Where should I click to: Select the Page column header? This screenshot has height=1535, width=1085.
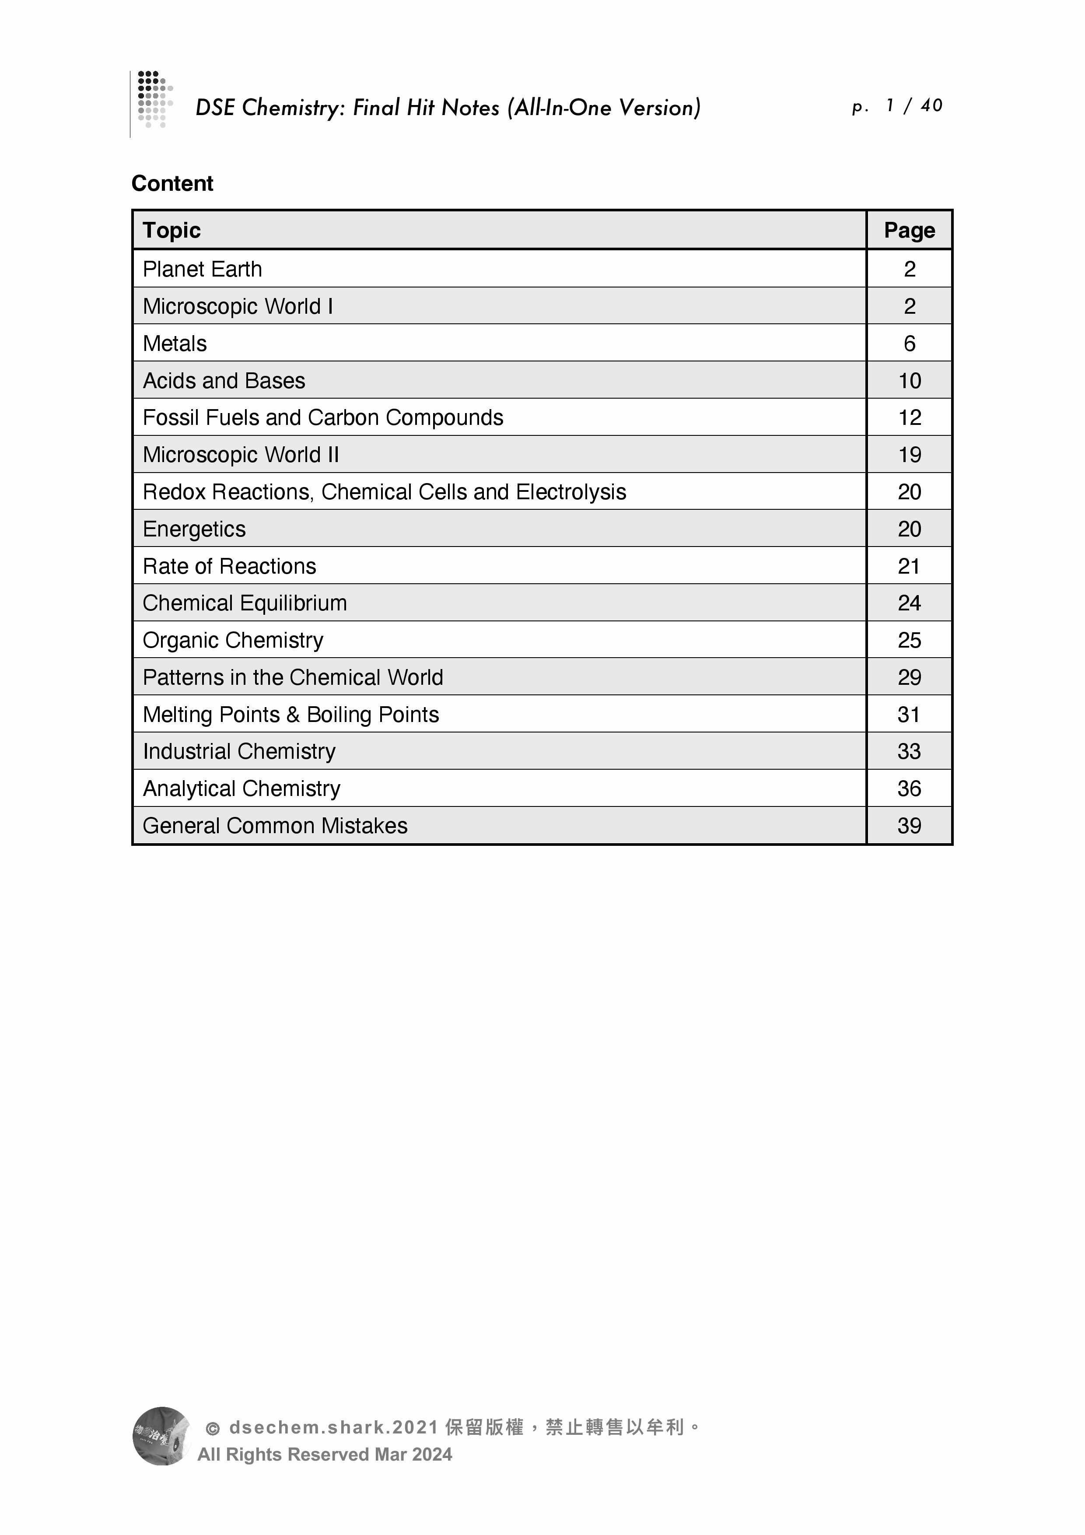click(x=909, y=230)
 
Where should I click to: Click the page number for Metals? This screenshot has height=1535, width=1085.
click(x=909, y=343)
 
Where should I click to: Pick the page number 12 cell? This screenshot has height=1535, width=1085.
click(x=909, y=418)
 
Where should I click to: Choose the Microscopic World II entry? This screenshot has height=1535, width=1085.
click(x=241, y=455)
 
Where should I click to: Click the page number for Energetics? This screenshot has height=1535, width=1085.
click(x=909, y=529)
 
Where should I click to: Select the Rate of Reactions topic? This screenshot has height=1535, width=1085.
click(x=229, y=566)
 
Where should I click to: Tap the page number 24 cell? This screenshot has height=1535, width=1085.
click(x=909, y=603)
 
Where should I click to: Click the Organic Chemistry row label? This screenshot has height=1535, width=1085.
click(x=233, y=641)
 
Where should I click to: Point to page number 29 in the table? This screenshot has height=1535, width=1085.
click(x=909, y=677)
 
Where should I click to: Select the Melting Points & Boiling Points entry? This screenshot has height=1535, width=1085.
click(x=291, y=715)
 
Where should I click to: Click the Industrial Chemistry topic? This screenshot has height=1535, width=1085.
click(x=239, y=751)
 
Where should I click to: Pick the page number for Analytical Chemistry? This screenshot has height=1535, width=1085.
click(x=909, y=789)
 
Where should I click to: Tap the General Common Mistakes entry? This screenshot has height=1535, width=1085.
click(x=275, y=826)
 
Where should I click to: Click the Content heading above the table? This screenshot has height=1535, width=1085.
click(x=172, y=183)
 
